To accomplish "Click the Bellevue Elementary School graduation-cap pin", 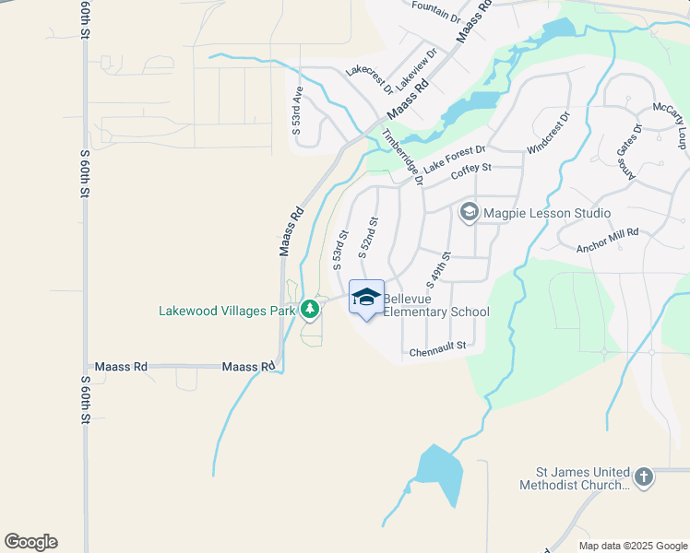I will tap(366, 297).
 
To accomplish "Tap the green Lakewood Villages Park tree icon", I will tap(311, 310).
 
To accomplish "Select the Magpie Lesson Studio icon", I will tap(469, 214).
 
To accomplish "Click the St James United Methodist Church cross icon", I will tap(644, 477).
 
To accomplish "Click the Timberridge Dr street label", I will tap(404, 157).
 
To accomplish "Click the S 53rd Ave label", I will tap(297, 112).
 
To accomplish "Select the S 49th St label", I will tap(437, 267).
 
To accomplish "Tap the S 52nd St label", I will tap(367, 237).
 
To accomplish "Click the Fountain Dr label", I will tap(436, 11).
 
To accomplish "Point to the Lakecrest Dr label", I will tap(369, 82).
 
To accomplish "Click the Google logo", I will tap(30, 542).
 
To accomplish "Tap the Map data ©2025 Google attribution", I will tap(633, 546).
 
